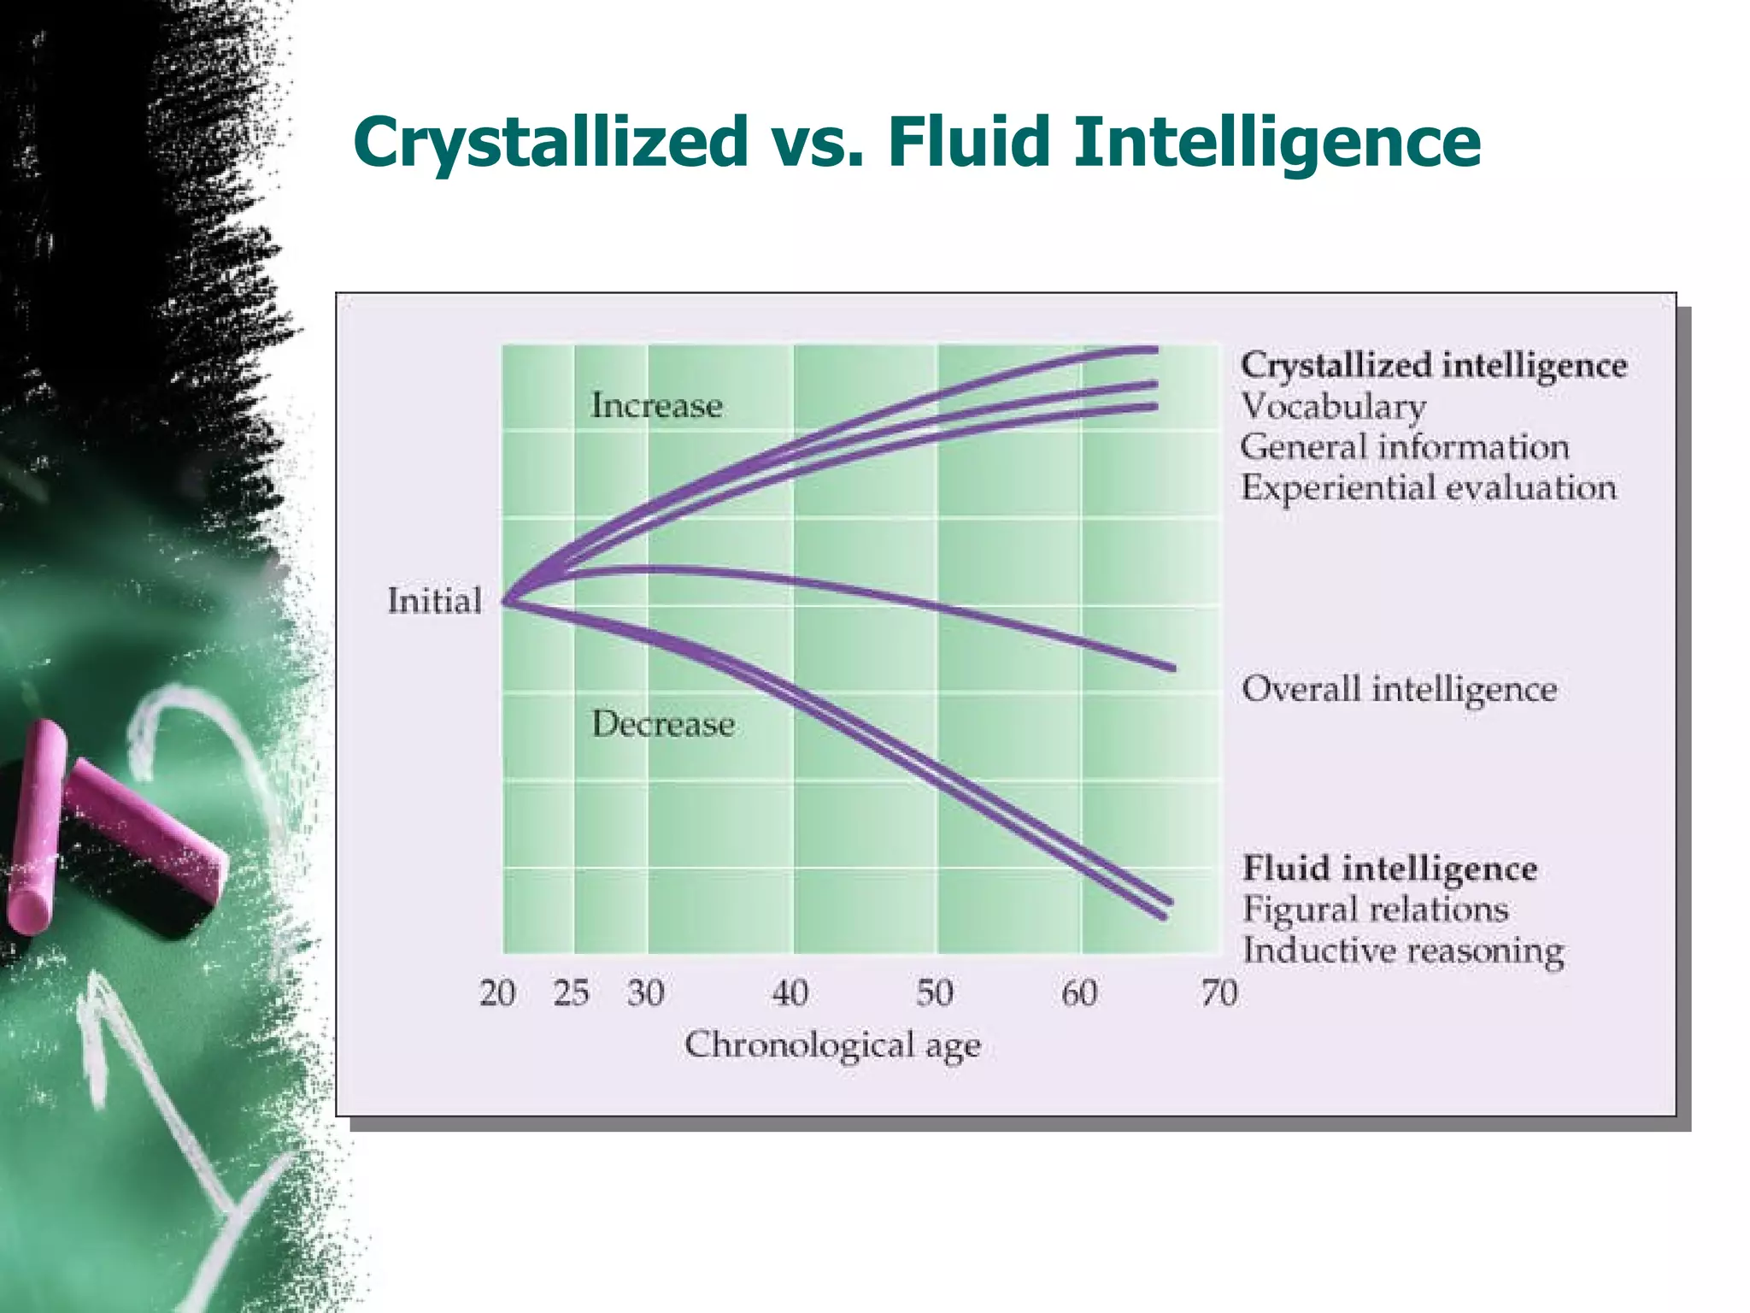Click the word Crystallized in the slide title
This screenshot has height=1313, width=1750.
[551, 142]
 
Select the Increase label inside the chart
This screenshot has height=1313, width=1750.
[656, 405]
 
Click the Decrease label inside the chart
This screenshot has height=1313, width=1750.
[663, 725]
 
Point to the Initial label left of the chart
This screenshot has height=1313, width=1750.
[434, 601]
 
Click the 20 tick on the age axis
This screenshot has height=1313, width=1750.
[497, 993]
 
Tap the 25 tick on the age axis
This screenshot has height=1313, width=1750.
[571, 993]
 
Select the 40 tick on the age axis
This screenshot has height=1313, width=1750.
[790, 993]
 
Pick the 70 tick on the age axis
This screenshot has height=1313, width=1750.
[1219, 993]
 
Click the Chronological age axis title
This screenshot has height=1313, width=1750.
[832, 1045]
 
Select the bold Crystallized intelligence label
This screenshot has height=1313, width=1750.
[1433, 365]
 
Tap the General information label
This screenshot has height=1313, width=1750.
[1404, 447]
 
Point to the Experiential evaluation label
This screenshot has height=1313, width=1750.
[1428, 488]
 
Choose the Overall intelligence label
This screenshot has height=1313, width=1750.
[1399, 689]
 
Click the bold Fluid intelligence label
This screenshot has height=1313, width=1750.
[1389, 868]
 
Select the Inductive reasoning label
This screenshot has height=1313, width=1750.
[1402, 951]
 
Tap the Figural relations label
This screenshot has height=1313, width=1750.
[1375, 909]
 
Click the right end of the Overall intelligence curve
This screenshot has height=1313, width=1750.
[1172, 668]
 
